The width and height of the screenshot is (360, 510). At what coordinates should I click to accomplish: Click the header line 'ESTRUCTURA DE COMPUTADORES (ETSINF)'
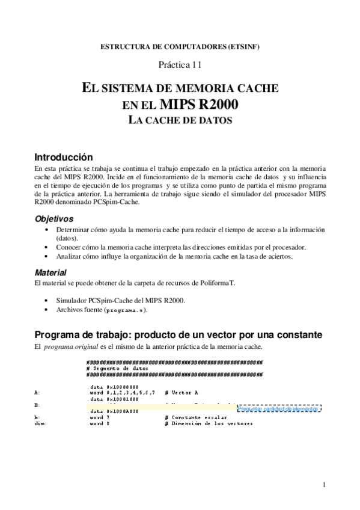(x=180, y=47)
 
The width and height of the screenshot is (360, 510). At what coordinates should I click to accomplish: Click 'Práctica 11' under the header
(x=180, y=64)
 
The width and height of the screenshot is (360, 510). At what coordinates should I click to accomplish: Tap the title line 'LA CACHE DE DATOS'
(x=180, y=120)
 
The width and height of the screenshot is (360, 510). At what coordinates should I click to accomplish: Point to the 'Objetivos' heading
(x=54, y=219)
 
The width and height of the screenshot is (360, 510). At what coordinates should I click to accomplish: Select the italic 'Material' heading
(x=50, y=272)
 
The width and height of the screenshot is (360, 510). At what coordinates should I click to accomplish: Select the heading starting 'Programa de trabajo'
(x=178, y=334)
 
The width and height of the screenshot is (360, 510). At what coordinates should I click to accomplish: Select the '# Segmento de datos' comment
(x=117, y=368)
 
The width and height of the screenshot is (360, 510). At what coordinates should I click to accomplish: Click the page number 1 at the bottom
(x=323, y=485)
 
